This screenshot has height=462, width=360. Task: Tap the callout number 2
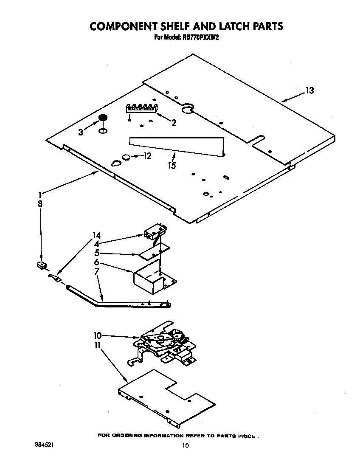[x=174, y=123]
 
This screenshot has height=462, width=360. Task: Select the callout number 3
[x=81, y=132]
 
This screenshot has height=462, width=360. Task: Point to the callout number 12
[x=147, y=156]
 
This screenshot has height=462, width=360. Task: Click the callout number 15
[x=172, y=165]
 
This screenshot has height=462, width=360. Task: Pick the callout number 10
[x=98, y=335]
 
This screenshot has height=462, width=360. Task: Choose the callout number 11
[x=97, y=346]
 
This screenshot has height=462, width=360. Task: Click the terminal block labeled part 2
[x=141, y=108]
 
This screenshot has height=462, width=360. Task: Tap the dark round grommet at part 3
[x=103, y=118]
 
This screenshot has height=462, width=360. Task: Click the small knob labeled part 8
[x=41, y=266]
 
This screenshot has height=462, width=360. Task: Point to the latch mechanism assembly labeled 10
[x=163, y=343]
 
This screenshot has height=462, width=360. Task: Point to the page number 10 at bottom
[x=185, y=445]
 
